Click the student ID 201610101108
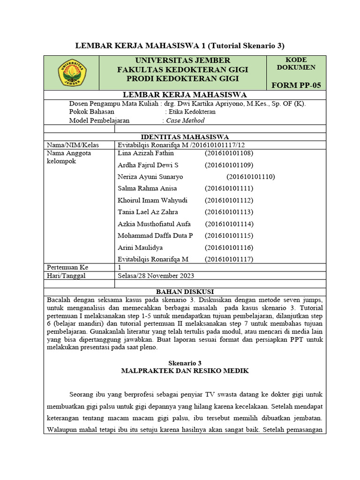(x=229, y=153)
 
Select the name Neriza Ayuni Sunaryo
(x=150, y=177)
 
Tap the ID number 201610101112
(x=229, y=200)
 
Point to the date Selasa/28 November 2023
(x=156, y=276)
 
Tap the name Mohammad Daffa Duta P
(x=155, y=235)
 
